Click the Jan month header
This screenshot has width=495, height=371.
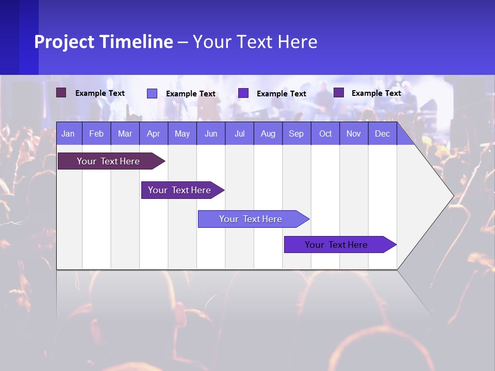click(69, 133)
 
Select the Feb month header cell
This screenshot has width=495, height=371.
click(96, 133)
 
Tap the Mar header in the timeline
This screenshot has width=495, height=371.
click(125, 133)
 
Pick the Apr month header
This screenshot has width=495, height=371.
click(154, 133)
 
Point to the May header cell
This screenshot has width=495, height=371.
click(182, 133)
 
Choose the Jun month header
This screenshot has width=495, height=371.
click(211, 133)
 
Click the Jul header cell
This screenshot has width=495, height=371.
click(239, 133)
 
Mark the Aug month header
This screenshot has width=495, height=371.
click(268, 133)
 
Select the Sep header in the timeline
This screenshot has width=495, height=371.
click(296, 133)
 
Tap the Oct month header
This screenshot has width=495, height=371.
click(325, 133)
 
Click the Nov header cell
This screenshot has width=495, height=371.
click(354, 133)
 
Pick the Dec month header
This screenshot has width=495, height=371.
click(383, 133)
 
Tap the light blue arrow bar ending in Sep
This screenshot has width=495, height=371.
click(251, 219)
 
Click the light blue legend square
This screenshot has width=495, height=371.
click(152, 93)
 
